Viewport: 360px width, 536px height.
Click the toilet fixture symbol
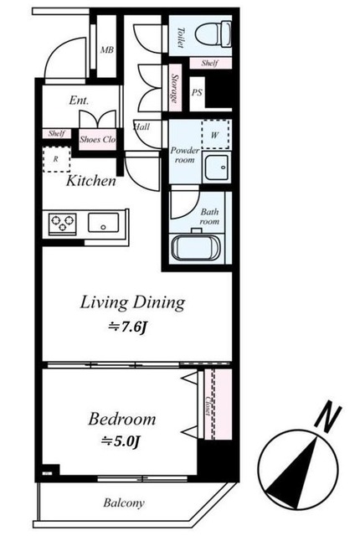coord(213,33)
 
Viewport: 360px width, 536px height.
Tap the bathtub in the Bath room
coord(196,247)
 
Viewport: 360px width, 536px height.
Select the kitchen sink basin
coord(104,223)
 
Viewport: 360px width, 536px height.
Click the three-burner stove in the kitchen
coord(63,224)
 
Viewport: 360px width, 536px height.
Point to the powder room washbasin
coord(217,167)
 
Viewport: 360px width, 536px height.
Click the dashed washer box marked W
coord(215,134)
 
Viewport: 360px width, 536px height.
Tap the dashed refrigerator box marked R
coord(56,159)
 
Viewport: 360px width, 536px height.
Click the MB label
coord(107,50)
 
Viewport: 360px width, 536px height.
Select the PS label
coord(197,92)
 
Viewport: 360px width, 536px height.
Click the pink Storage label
coord(175,88)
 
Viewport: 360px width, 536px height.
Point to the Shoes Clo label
coord(97,140)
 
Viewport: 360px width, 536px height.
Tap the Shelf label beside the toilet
coord(209,63)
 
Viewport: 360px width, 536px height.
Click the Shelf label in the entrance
coord(56,133)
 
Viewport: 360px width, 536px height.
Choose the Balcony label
coord(124,502)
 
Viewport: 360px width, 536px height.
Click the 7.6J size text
coord(128,327)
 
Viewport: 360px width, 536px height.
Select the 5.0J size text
coord(121,441)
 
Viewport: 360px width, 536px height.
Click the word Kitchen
coord(91,181)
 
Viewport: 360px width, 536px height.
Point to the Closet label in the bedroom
coord(208,405)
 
